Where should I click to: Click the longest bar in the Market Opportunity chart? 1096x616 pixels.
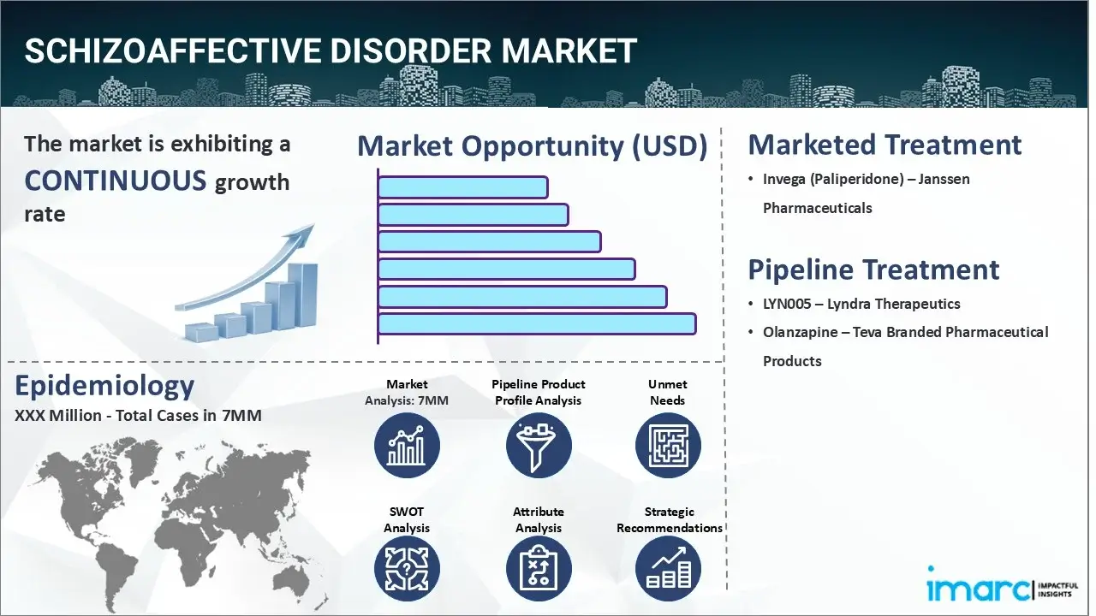click(x=536, y=323)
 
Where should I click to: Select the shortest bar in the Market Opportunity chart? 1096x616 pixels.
click(x=462, y=187)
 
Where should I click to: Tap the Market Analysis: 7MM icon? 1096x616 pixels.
click(x=407, y=445)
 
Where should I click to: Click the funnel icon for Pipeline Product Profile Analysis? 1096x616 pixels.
click(x=538, y=445)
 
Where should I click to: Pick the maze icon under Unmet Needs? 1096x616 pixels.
click(x=668, y=445)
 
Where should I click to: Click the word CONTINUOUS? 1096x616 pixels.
click(x=116, y=181)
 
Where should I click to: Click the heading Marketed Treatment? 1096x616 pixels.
click(x=885, y=145)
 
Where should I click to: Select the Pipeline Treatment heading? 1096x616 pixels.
click(x=873, y=269)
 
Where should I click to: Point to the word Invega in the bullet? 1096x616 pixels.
click(x=786, y=180)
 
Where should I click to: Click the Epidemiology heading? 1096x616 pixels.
click(x=104, y=386)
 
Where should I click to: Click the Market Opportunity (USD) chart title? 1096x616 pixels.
click(x=532, y=146)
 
